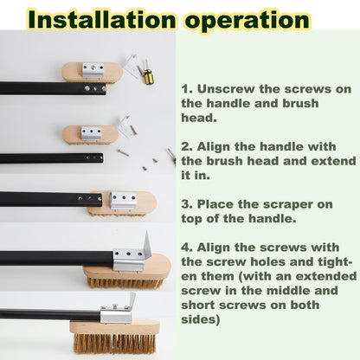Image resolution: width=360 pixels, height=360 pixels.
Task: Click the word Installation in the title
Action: point(102,19)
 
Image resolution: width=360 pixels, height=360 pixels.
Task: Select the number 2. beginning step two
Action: point(187,146)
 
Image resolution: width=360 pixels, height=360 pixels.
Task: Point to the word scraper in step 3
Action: point(286,205)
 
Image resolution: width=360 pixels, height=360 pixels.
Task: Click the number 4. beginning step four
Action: point(187,247)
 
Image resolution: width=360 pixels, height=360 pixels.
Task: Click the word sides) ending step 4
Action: point(201,319)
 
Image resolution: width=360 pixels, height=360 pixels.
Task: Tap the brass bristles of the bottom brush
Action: point(114,343)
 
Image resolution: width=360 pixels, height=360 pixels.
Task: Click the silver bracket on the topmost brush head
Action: point(93,70)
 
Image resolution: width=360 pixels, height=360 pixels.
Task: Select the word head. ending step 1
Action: point(199,118)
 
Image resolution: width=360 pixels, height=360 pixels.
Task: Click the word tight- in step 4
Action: point(335,263)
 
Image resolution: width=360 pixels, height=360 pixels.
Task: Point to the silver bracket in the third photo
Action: point(124,200)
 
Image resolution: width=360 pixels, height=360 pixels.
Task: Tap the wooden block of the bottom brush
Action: point(114,327)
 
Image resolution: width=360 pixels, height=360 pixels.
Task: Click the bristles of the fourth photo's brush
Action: point(125,283)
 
